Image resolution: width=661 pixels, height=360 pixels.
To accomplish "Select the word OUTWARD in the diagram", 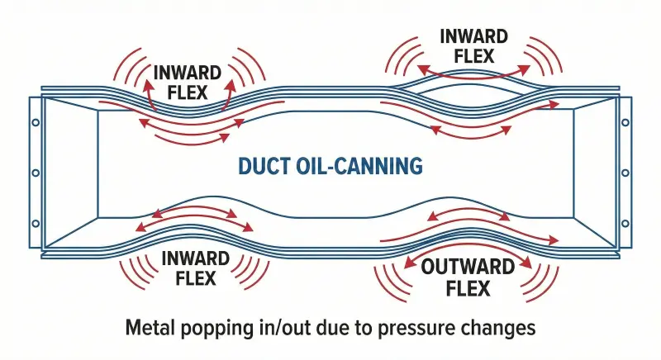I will [x=468, y=268].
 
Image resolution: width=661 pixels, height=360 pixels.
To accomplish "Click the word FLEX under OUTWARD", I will [x=468, y=289].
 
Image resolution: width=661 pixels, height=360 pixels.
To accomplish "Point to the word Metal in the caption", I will [x=152, y=328].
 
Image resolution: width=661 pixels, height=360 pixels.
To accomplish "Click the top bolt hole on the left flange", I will [x=36, y=122].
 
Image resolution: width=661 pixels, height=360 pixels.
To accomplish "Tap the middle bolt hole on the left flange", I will [x=36, y=173].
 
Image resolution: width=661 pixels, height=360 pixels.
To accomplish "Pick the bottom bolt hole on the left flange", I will [x=36, y=224].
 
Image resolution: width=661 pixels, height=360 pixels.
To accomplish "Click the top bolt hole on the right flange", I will [x=625, y=122].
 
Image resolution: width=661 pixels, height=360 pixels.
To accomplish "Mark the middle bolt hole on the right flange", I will [x=625, y=173].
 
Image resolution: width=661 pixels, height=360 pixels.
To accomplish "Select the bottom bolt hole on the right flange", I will [x=625, y=224].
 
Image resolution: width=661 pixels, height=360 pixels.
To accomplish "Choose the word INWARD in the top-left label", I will [x=188, y=71].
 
